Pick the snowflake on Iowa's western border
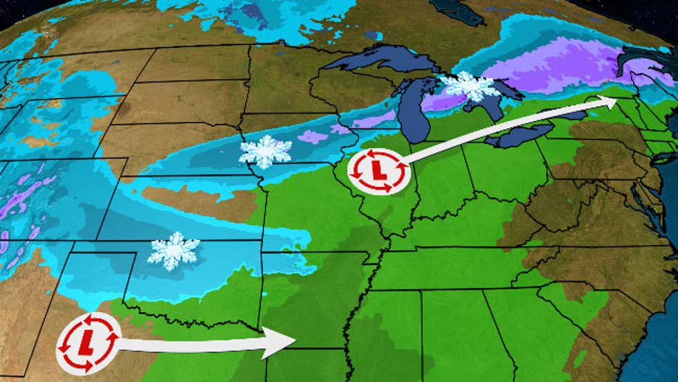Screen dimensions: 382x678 (x=265, y=152)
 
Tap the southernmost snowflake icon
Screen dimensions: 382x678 (x=173, y=251)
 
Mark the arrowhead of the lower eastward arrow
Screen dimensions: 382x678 (x=284, y=343)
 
